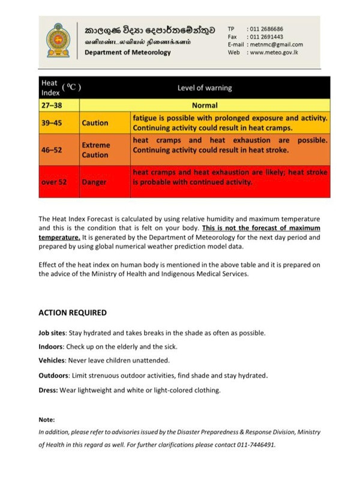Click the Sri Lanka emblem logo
pyautogui.click(x=58, y=40)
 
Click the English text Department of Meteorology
pyautogui.click(x=127, y=52)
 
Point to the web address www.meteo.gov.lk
pyautogui.click(x=274, y=52)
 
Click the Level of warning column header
pyautogui.click(x=205, y=88)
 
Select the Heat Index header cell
pyautogui.click(x=59, y=88)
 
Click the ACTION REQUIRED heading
pyautogui.click(x=73, y=313)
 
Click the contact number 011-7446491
pyautogui.click(x=255, y=445)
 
